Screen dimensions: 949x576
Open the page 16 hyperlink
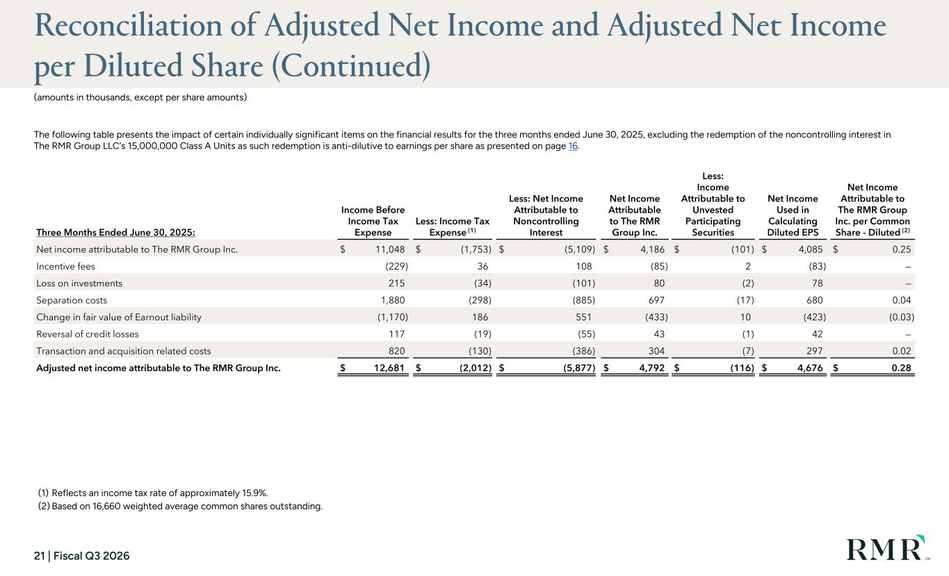573,146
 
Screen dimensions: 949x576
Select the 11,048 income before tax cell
390,249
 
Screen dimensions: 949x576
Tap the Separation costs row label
72,300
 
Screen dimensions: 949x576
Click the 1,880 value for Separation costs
393,300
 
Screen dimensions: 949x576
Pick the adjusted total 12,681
389,368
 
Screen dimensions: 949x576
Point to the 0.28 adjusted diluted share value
901,368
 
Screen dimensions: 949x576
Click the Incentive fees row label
65,266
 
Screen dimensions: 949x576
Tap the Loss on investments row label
79,283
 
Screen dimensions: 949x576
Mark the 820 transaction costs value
396,351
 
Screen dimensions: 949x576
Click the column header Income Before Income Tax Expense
373,221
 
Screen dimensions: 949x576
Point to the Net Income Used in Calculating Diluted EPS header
793,215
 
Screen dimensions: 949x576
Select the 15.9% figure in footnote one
254,493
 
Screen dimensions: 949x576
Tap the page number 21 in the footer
40,556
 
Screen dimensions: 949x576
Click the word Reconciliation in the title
128,26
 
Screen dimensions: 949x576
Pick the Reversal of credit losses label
88,334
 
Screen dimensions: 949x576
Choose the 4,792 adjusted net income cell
652,368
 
